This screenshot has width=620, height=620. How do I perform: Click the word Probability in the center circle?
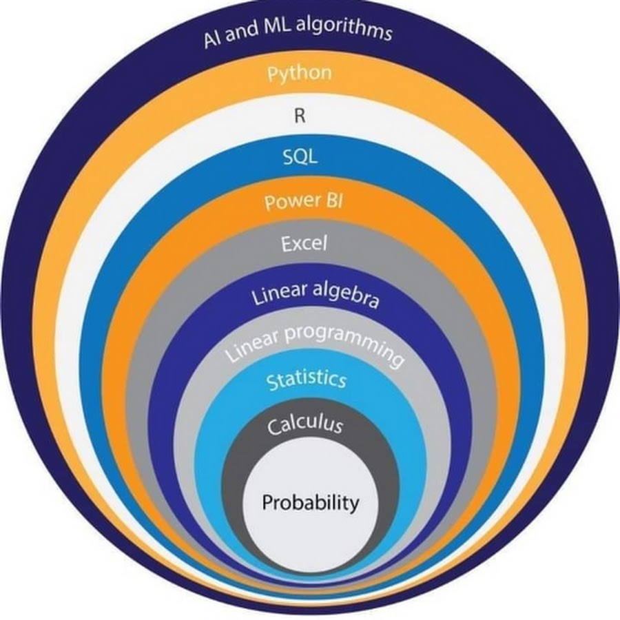311,504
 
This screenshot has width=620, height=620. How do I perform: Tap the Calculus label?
305,426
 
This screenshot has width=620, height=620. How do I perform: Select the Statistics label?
307,380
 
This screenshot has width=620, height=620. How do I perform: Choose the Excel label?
304,243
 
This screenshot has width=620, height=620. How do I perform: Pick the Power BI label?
303,201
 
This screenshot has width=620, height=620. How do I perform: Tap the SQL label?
300,158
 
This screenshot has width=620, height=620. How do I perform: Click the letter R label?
300,116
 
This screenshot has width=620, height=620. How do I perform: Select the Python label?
300,74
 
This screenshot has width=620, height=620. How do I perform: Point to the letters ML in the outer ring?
276,28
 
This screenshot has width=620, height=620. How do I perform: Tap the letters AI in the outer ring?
212,39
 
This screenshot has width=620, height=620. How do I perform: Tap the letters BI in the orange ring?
335,201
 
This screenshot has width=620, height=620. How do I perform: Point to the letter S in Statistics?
271,382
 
